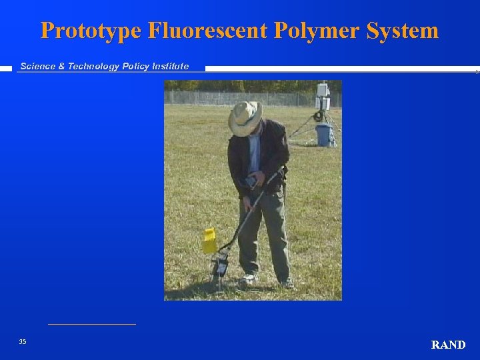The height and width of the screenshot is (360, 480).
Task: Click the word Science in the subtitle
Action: tap(39, 66)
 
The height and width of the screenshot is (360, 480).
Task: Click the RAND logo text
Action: tap(448, 345)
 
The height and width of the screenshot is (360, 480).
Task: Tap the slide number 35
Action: tap(23, 341)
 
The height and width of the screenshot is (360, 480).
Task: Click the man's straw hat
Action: tap(245, 118)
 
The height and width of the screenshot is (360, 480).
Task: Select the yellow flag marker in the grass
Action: tap(209, 240)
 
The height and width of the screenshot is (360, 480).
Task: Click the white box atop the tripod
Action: tap(323, 90)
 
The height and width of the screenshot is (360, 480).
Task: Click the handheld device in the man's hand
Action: tap(252, 181)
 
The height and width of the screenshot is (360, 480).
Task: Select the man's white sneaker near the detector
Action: tap(248, 278)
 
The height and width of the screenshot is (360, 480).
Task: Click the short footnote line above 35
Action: tap(92, 324)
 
